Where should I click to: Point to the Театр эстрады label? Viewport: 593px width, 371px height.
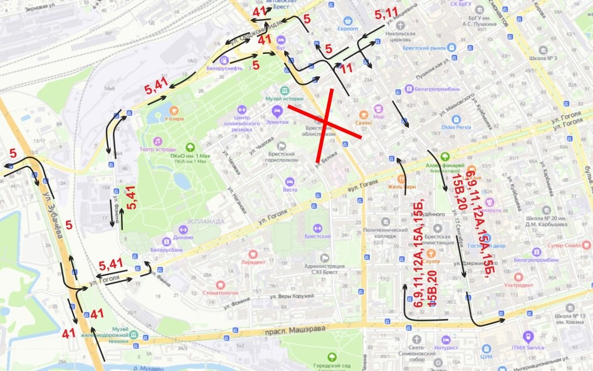point(153,149)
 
